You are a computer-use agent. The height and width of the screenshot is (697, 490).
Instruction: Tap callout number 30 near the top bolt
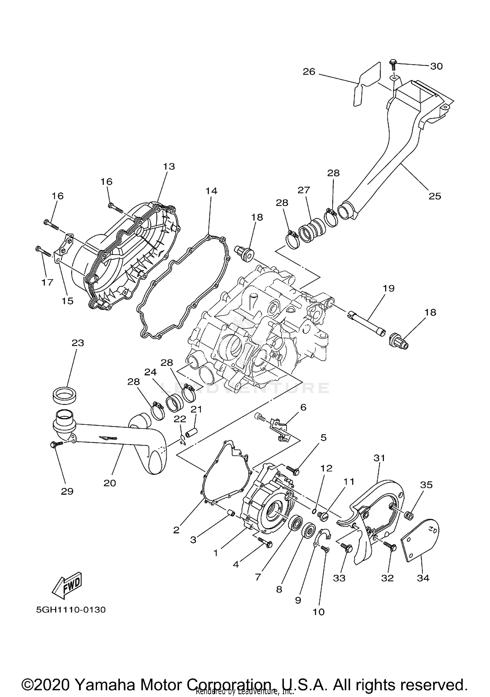point(436,66)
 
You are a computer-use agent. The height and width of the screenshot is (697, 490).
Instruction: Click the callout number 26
point(309,71)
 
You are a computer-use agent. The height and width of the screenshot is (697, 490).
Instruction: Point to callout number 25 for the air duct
point(435,196)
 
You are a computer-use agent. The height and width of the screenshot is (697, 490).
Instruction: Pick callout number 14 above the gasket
point(211,191)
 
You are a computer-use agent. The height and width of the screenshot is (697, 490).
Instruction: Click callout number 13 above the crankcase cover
point(169,166)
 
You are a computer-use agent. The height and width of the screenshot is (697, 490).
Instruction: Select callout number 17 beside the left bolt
point(47,282)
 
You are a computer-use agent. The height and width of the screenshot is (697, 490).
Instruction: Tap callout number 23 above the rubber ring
point(78,343)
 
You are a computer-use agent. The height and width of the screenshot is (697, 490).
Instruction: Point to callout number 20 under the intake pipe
point(110,483)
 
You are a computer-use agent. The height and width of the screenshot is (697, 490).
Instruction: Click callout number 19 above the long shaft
point(388,288)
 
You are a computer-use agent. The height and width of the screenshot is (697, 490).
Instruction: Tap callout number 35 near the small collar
point(426,485)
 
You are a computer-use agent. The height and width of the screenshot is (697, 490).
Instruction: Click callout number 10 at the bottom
point(318,612)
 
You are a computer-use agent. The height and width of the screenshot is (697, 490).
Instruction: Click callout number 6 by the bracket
point(303,407)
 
